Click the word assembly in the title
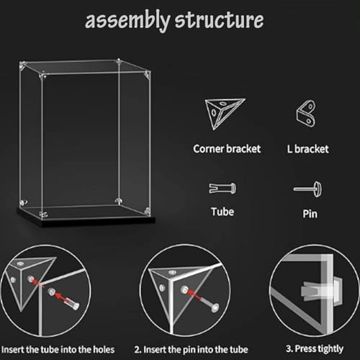point(126,21)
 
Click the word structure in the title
point(217,21)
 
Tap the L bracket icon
point(305,114)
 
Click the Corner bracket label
point(227,149)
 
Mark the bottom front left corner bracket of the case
point(43,214)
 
